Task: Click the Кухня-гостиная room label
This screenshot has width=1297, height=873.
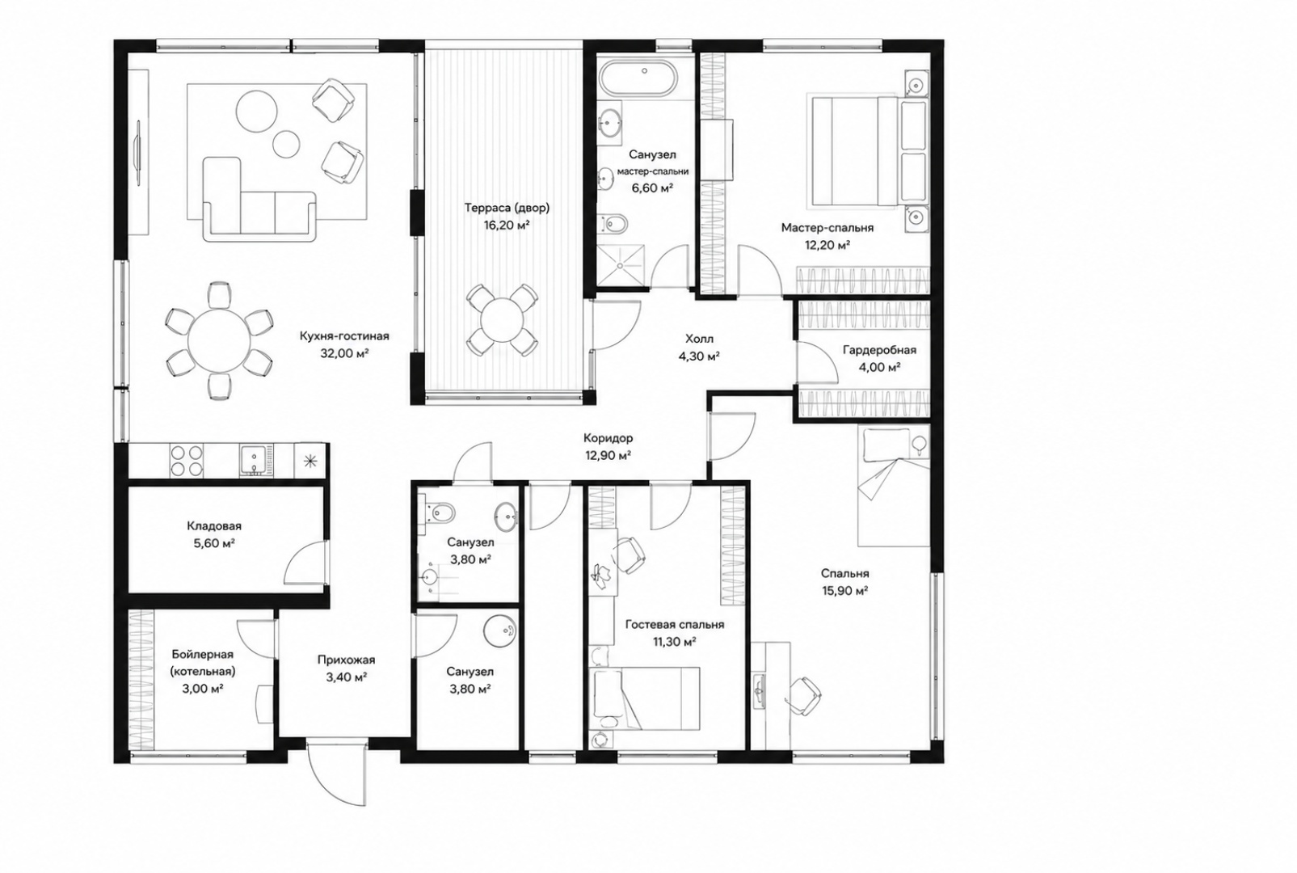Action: tap(344, 336)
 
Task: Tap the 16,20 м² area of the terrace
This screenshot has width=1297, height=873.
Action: tap(507, 226)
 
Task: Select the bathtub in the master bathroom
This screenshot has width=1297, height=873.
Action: tap(638, 79)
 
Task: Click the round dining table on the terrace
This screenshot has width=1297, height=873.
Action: tap(502, 320)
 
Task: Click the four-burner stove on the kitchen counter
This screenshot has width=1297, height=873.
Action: tap(187, 460)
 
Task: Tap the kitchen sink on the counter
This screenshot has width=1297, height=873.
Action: tap(257, 461)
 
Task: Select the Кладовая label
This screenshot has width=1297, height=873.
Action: tap(214, 526)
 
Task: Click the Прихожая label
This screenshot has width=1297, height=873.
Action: tap(346, 660)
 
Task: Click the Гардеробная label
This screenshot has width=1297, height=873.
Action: tap(879, 350)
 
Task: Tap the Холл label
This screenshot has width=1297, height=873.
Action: tap(700, 339)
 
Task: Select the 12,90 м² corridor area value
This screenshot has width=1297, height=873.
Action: tap(608, 456)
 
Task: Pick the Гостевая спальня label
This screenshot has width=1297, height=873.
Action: tap(675, 625)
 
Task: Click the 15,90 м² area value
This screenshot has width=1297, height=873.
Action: tap(844, 591)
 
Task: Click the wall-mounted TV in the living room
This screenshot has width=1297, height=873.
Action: tap(138, 153)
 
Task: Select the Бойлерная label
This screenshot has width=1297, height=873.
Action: tap(203, 655)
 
